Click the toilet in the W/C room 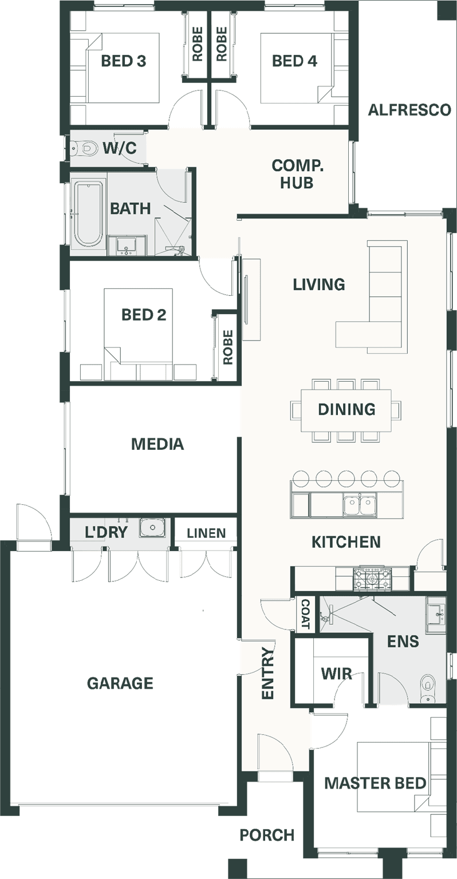point(84,148)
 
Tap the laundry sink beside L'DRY point(152,528)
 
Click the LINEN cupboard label point(206,533)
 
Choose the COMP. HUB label point(297,174)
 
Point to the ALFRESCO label point(409,110)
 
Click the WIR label point(337,674)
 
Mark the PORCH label point(267,835)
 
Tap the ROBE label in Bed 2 point(228,347)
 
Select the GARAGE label point(120,683)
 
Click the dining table point(346,410)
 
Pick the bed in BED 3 point(123,69)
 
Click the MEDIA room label point(157,444)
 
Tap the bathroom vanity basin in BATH point(127,246)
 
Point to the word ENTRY point(268,673)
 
